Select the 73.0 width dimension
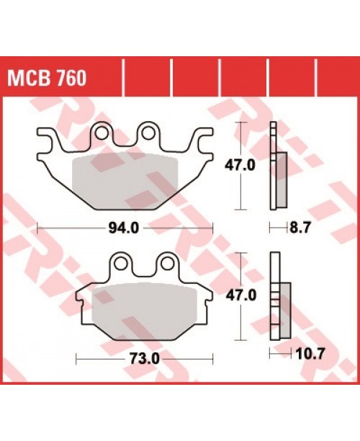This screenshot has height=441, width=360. point(146,358)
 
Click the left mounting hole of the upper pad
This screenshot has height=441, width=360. point(102,132)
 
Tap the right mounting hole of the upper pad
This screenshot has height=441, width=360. point(149,132)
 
